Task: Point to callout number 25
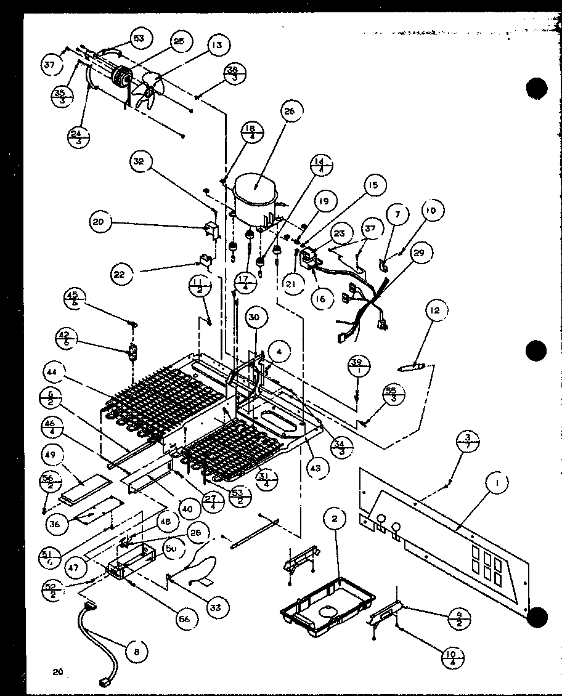(x=178, y=41)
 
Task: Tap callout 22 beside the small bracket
(x=120, y=274)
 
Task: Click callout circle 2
(x=335, y=520)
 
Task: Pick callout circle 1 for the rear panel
(x=495, y=484)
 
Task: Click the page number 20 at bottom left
(x=59, y=673)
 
